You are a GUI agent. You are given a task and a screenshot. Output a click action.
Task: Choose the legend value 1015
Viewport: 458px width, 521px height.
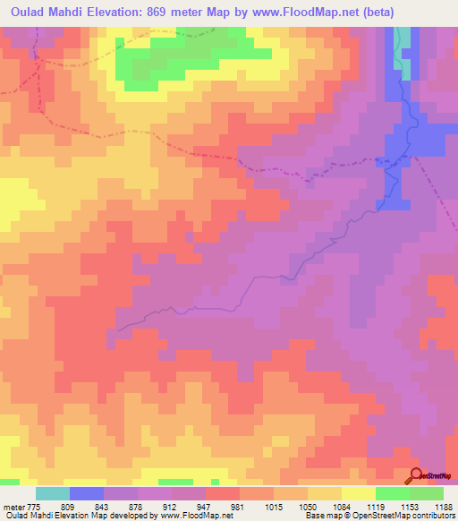(273, 506)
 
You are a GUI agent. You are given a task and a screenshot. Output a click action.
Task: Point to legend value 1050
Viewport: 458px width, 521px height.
(307, 506)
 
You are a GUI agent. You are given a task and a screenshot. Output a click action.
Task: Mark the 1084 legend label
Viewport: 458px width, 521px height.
(341, 506)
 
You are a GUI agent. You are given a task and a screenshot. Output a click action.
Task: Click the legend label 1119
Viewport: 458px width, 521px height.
(375, 506)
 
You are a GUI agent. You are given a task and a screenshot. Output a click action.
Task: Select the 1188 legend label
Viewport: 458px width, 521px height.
(442, 506)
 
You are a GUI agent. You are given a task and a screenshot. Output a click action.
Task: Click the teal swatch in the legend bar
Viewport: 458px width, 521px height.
(53, 493)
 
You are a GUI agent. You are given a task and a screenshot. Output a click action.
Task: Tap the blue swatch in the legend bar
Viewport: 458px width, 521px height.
(87, 493)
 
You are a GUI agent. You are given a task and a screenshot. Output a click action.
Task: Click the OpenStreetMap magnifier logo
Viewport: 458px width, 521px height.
(417, 475)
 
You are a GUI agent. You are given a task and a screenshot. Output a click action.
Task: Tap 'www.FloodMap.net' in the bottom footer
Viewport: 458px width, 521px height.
(192, 517)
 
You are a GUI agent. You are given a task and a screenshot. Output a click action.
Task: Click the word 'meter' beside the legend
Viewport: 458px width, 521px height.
(13, 506)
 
